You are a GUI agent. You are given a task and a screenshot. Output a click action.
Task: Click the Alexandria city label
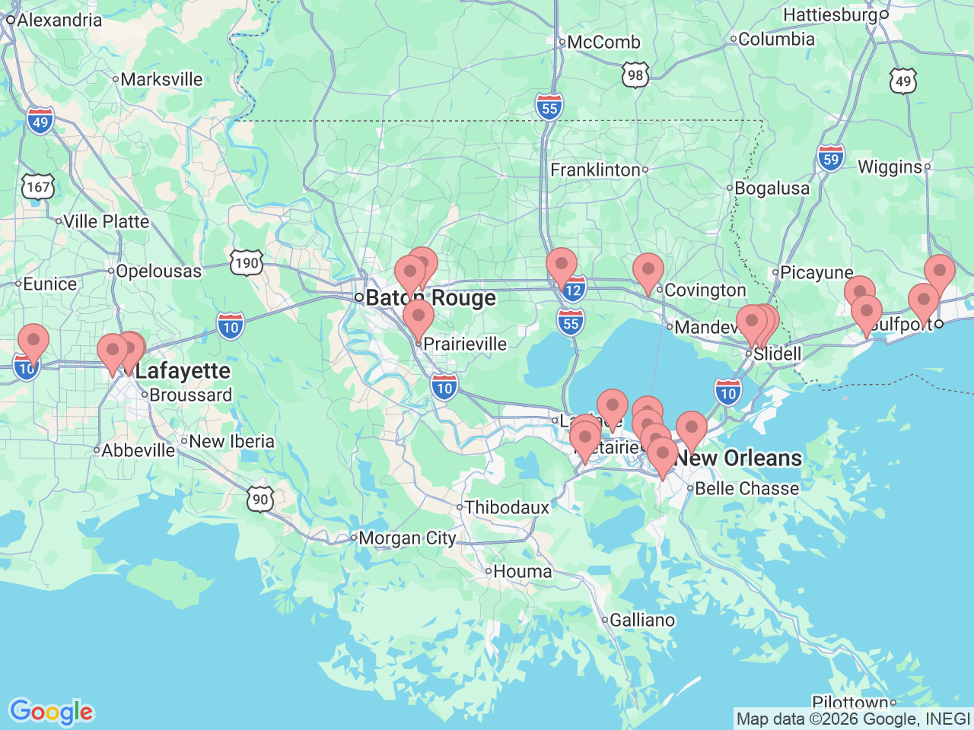tap(59, 20)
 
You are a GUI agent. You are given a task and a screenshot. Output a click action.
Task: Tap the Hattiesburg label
tap(830, 14)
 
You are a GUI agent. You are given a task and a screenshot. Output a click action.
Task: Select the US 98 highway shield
tap(635, 75)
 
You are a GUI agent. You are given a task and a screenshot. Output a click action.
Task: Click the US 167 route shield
tap(38, 186)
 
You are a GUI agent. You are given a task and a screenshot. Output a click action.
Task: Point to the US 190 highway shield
tap(247, 263)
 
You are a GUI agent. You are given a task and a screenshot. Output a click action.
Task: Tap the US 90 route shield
tap(260, 499)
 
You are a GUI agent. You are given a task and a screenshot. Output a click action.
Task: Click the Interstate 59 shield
tap(831, 160)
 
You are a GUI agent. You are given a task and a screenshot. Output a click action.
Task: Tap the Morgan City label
tap(407, 538)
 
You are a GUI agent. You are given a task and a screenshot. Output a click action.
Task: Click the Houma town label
tap(522, 571)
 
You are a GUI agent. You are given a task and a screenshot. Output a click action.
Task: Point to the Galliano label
tap(642, 620)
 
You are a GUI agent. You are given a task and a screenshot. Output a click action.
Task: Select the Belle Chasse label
tap(746, 488)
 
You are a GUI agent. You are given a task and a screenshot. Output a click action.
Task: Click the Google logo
tap(51, 713)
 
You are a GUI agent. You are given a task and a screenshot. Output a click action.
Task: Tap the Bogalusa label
tap(772, 188)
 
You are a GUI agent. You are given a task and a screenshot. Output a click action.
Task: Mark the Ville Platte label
tap(106, 221)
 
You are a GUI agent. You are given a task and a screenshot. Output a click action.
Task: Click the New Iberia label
tap(231, 441)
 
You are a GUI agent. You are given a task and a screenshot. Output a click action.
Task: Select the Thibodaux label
tap(506, 507)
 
